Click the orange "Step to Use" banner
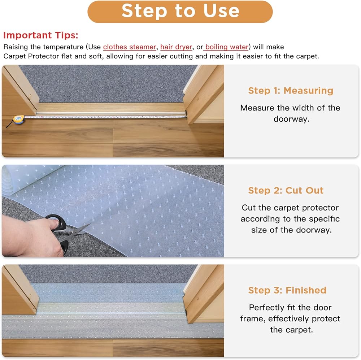[x=180, y=12]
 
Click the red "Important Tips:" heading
[x=41, y=35]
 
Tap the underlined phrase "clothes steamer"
[x=130, y=47]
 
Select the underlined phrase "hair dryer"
[x=176, y=47]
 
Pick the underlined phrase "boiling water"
[x=227, y=47]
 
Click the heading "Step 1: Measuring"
[x=291, y=91]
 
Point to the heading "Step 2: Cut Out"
[x=286, y=191]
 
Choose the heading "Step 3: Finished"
[x=287, y=290]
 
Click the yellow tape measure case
[x=18, y=120]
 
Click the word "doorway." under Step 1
[x=291, y=119]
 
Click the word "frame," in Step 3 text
[x=253, y=319]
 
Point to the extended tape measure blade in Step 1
[x=105, y=117]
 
